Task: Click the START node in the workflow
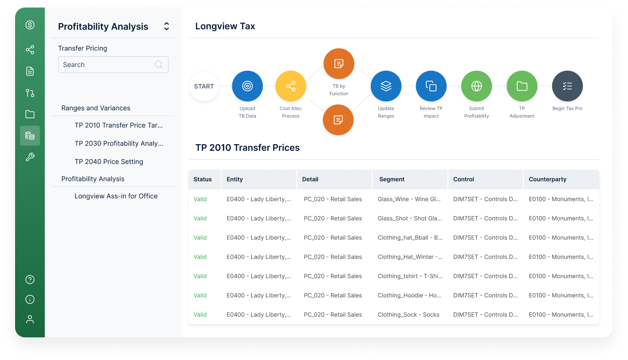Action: (x=204, y=86)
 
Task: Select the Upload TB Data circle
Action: (x=247, y=86)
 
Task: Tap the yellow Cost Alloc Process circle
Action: (x=291, y=86)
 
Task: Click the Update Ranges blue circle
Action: (x=386, y=86)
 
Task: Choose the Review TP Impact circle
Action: (x=431, y=86)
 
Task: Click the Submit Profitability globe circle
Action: (x=476, y=86)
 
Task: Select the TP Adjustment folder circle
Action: (x=522, y=86)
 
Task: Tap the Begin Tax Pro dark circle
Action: (x=567, y=86)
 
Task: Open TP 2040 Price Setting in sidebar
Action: (x=109, y=162)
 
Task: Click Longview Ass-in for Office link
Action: (x=116, y=196)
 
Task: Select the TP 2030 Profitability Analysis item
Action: (x=119, y=143)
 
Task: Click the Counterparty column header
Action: (x=547, y=180)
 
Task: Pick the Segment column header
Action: (x=391, y=180)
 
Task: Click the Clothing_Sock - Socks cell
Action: (x=408, y=315)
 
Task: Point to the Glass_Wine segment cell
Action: (x=409, y=199)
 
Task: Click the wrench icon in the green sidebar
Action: (x=30, y=157)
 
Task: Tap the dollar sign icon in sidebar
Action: (x=30, y=25)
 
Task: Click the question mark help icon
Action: (x=30, y=279)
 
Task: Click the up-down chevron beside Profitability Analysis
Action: (x=166, y=26)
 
